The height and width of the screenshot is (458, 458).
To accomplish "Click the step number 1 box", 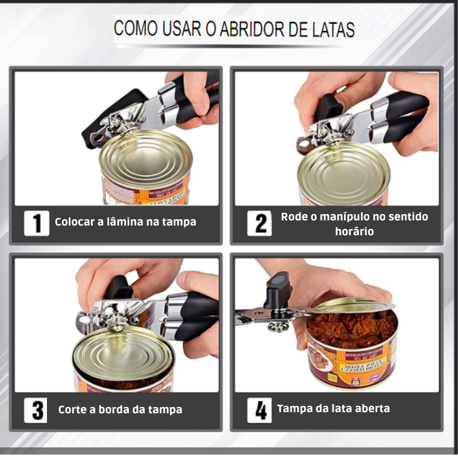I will (x=37, y=222).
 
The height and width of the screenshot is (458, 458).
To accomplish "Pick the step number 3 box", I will (x=37, y=410).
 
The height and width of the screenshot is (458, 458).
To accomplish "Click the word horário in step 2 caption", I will (x=354, y=231).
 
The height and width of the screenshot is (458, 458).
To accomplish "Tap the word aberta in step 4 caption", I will (x=369, y=409).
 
